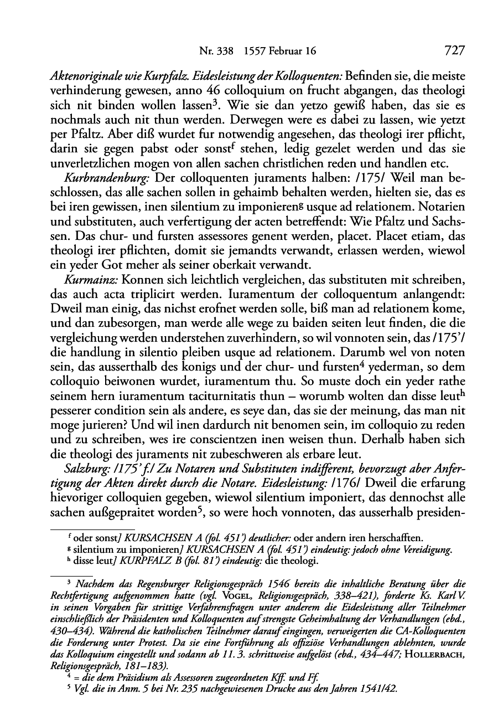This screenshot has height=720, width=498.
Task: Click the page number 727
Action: pyautogui.click(x=454, y=51)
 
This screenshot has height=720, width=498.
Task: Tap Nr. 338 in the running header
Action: pyautogui.click(x=217, y=52)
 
